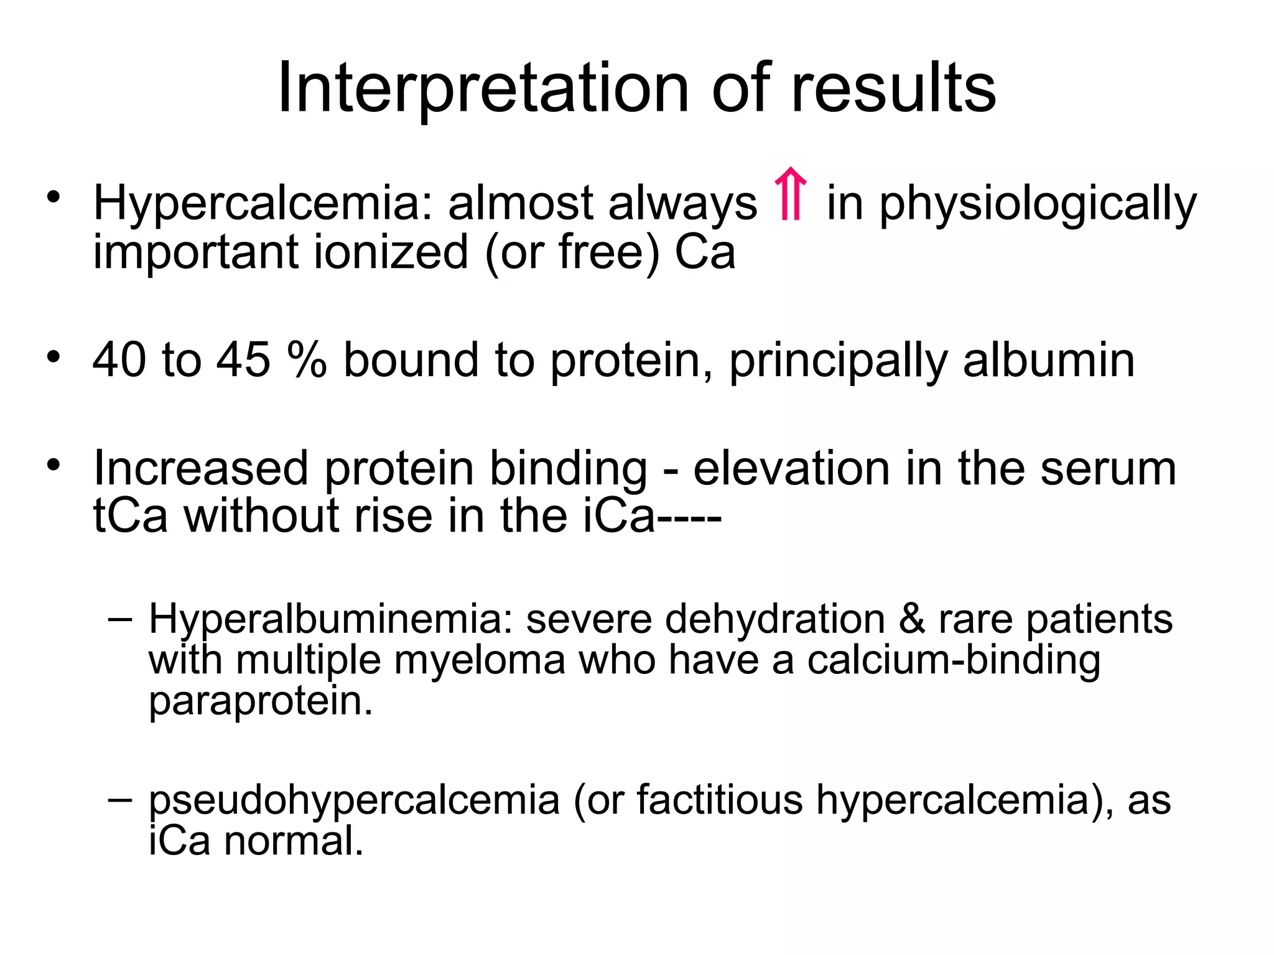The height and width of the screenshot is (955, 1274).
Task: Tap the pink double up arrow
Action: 791,194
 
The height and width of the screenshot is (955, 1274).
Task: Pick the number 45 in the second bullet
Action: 243,360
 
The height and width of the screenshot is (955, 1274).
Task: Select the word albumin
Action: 1048,360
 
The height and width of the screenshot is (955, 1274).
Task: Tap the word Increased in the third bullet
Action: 200,468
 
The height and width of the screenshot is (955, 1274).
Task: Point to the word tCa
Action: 130,516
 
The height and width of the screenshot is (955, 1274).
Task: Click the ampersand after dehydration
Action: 911,620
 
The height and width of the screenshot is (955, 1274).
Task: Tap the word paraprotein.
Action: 260,701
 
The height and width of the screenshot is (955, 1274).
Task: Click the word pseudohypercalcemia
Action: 354,800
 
